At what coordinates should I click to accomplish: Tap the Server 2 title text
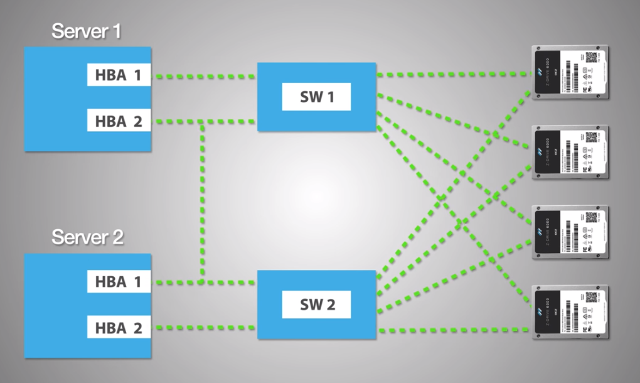tap(87, 238)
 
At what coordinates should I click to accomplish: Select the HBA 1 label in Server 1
tap(119, 76)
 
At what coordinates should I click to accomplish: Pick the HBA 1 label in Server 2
tap(119, 282)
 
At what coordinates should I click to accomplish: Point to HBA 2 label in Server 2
tap(119, 327)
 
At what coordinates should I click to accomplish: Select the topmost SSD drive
tap(570, 72)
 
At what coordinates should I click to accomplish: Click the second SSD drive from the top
tap(570, 152)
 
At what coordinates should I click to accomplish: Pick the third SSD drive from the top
tap(570, 232)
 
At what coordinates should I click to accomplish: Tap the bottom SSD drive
tap(570, 312)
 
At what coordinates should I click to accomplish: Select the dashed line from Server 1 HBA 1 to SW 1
tap(204, 77)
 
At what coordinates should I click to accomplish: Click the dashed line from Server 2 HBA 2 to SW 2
tap(204, 327)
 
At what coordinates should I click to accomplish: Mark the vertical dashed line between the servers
tap(202, 201)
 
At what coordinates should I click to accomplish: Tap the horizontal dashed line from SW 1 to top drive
tap(452, 75)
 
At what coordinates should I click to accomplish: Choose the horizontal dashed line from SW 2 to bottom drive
tap(452, 330)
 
